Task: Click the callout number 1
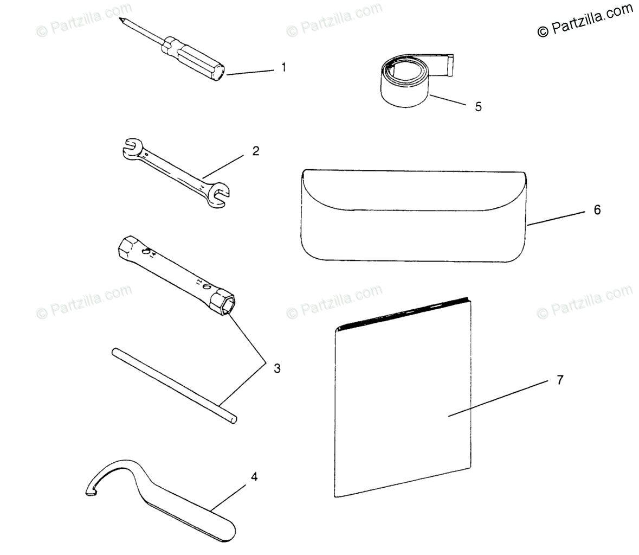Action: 283,67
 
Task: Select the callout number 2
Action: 255,151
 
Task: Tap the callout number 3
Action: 277,369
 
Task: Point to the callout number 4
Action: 254,477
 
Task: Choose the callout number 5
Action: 478,106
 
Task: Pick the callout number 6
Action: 597,209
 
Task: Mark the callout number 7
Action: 560,380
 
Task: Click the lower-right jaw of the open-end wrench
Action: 220,196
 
